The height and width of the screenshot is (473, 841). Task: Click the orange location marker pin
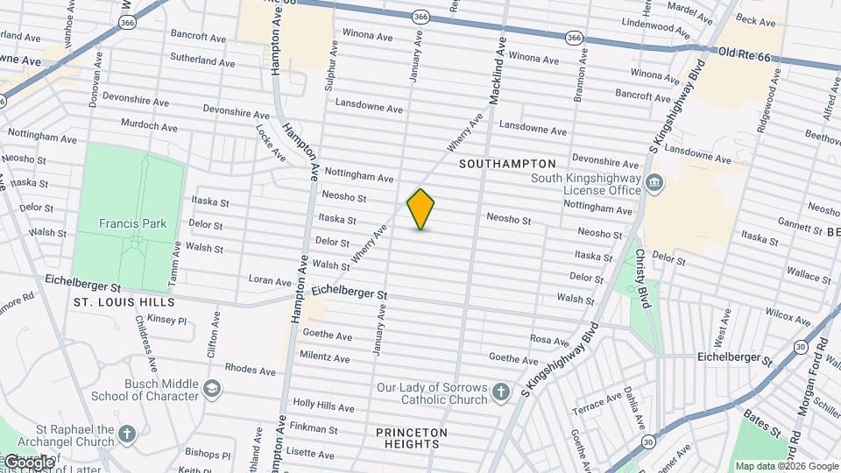(x=420, y=209)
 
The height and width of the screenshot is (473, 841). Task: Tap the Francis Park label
(x=132, y=223)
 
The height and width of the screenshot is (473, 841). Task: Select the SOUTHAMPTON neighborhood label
(x=507, y=164)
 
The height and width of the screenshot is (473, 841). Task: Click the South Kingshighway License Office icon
(x=654, y=183)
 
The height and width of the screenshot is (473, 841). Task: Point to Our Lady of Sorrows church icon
(x=500, y=392)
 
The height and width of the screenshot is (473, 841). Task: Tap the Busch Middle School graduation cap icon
(x=213, y=388)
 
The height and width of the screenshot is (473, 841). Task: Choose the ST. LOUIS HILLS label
(x=124, y=302)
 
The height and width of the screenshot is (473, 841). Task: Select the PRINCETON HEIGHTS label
(x=412, y=438)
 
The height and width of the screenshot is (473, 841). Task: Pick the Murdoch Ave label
(x=150, y=126)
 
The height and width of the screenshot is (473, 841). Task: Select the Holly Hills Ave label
(x=323, y=406)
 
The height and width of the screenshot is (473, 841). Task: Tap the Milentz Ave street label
(x=324, y=357)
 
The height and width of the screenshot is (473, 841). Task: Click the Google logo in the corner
(x=28, y=462)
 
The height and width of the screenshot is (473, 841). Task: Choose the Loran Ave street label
(x=269, y=281)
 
